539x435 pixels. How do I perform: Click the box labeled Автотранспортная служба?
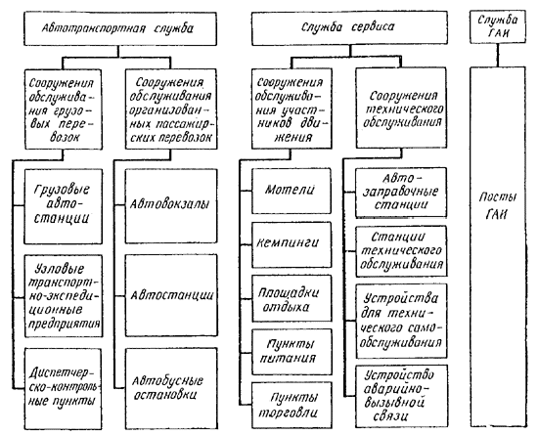(120, 29)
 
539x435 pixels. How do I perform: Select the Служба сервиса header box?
(349, 28)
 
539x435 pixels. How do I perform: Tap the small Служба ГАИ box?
(498, 26)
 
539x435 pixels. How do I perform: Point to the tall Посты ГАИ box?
(498, 246)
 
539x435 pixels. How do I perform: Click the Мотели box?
(292, 191)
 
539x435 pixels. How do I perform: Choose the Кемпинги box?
(292, 244)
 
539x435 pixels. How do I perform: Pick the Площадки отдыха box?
(292, 298)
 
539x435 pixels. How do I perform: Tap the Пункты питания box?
(292, 352)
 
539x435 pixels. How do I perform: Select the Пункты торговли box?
(292, 406)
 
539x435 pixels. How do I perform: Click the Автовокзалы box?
(171, 206)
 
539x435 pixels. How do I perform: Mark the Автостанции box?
(171, 295)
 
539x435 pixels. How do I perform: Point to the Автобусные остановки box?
(171, 389)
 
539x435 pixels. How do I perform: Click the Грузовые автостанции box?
(64, 206)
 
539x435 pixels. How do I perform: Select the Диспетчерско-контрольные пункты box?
(64, 389)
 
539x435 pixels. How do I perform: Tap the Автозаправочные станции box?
(401, 192)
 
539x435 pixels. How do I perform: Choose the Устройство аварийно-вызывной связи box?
(401, 396)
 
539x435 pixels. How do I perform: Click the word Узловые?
(60, 269)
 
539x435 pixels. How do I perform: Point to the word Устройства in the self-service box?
(401, 298)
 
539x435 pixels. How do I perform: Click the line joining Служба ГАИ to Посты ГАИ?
(497, 56)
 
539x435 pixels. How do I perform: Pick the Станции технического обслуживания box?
(401, 251)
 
